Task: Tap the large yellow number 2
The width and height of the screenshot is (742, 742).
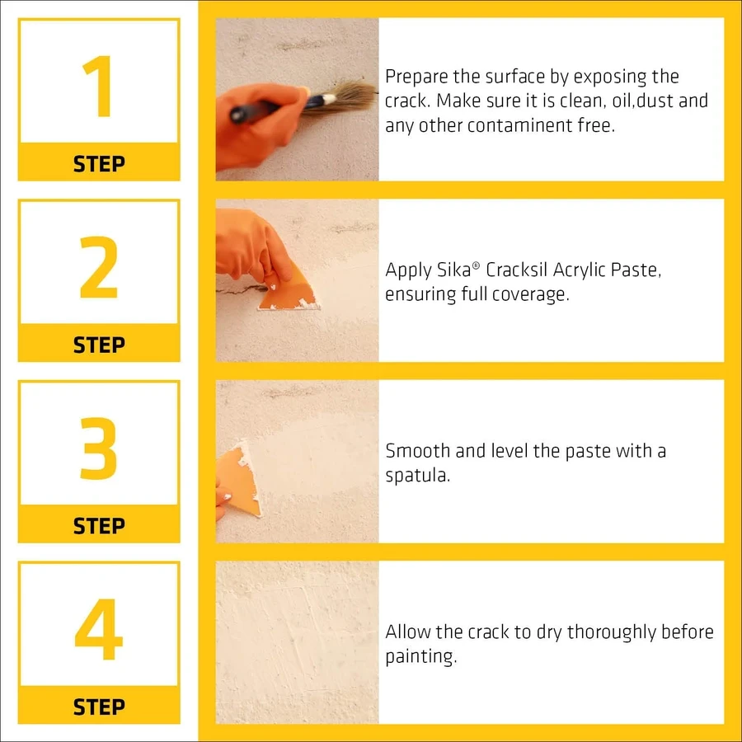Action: (x=98, y=267)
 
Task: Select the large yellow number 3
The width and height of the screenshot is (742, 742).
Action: (x=98, y=448)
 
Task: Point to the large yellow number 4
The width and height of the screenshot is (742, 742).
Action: (x=99, y=629)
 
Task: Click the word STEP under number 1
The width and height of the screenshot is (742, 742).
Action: (x=100, y=164)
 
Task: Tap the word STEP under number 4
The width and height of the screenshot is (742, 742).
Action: (x=100, y=707)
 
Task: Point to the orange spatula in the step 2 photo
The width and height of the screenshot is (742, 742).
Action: (x=288, y=289)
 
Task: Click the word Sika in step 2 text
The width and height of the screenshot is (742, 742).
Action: (x=454, y=270)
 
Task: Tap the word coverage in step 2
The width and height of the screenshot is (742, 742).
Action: (x=530, y=295)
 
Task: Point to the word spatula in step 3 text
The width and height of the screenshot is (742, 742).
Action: (x=417, y=476)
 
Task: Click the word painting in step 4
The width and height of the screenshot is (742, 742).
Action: (x=420, y=657)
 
